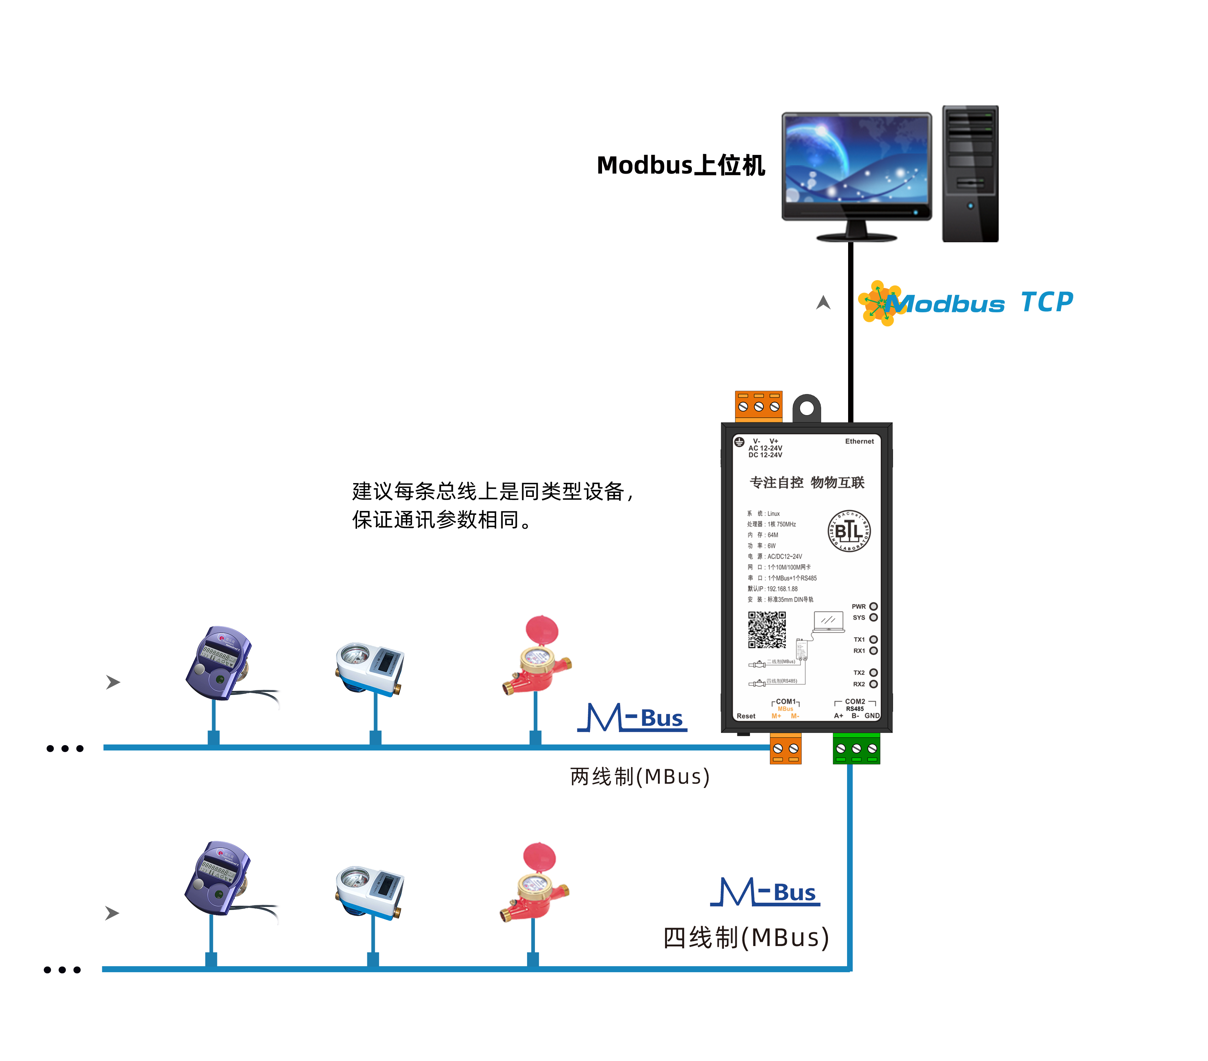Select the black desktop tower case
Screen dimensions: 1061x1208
pyautogui.click(x=970, y=174)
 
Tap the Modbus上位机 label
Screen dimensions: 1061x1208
pyautogui.click(x=681, y=166)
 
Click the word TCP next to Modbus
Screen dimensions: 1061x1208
pyautogui.click(x=1047, y=303)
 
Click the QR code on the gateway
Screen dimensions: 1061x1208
pyautogui.click(x=766, y=630)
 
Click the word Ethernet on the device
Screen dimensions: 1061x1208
pyautogui.click(x=859, y=441)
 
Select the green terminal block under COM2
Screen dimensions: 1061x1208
pyautogui.click(x=856, y=749)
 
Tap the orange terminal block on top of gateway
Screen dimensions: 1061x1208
pyautogui.click(x=758, y=406)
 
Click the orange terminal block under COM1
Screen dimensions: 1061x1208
pyautogui.click(x=786, y=749)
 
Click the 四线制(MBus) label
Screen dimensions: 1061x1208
pyautogui.click(x=746, y=938)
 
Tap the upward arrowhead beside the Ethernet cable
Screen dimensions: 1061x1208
pyautogui.click(x=823, y=303)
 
